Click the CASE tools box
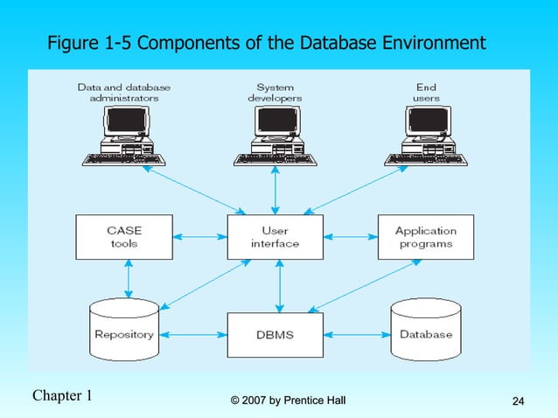tap(124, 237)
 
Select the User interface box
tap(276, 237)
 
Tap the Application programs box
tap(425, 237)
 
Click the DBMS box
tap(276, 334)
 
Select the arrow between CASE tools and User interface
tap(199, 237)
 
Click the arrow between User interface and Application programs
tap(351, 237)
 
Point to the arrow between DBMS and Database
tap(357, 334)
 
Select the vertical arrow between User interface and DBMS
tap(279, 285)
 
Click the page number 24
tap(517, 401)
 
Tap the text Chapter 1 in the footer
tap(62, 395)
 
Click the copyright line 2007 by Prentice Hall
tap(288, 401)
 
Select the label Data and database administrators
tap(124, 93)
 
